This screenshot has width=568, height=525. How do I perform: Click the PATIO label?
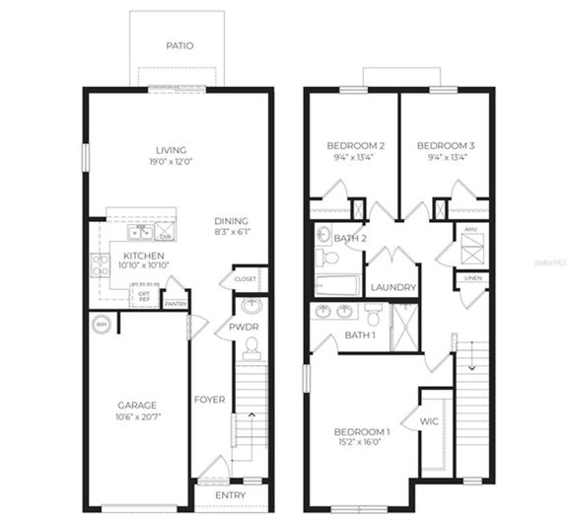178,45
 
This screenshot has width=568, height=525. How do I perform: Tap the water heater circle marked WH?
100,325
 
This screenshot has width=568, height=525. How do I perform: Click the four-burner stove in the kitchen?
101,263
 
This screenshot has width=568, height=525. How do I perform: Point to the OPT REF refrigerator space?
144,295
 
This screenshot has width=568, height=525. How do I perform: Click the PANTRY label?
176,304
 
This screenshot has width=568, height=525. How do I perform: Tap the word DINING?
232,221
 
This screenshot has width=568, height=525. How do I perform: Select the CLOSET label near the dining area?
246,279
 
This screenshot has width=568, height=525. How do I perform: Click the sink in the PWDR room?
251,306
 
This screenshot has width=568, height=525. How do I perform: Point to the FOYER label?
209,400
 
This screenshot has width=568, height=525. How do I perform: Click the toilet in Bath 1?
374,314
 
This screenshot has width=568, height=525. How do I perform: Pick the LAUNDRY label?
393,287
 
